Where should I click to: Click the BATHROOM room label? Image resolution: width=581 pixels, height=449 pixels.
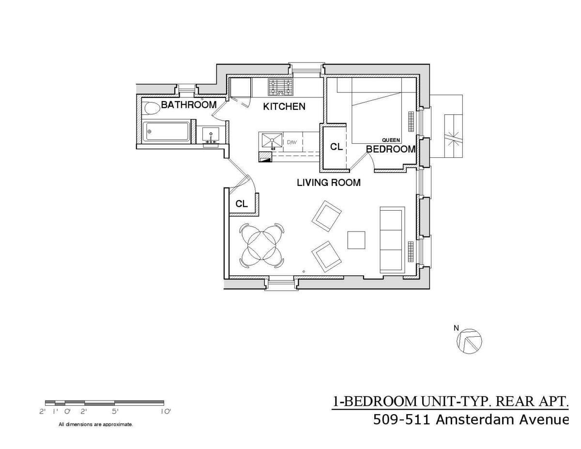tap(188, 105)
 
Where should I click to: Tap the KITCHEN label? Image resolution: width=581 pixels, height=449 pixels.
tap(284, 107)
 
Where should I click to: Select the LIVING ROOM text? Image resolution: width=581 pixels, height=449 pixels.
tap(329, 183)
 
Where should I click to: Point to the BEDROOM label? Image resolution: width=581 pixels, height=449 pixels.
tap(391, 149)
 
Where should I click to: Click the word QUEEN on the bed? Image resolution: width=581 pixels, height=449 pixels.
tap(391, 140)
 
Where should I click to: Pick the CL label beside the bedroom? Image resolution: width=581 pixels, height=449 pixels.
tap(336, 147)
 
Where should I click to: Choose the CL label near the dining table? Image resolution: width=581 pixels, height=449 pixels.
tap(242, 204)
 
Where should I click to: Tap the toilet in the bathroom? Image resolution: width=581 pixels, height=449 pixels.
tap(152, 108)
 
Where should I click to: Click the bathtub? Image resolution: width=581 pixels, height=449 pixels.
tap(167, 131)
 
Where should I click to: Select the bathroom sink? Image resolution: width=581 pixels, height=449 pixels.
tap(211, 134)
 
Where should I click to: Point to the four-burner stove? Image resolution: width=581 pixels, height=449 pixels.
tap(281, 87)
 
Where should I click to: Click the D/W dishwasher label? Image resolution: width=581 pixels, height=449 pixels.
tap(291, 142)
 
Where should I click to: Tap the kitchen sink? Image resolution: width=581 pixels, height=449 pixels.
tap(271, 141)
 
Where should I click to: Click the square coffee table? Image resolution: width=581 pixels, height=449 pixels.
tap(356, 240)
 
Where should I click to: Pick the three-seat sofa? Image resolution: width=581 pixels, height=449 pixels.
tap(391, 239)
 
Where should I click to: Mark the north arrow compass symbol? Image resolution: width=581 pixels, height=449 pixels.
tap(469, 340)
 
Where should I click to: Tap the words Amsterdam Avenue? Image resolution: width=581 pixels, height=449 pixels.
tap(502, 419)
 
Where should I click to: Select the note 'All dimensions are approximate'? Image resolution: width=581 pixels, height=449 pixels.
tap(96, 424)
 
